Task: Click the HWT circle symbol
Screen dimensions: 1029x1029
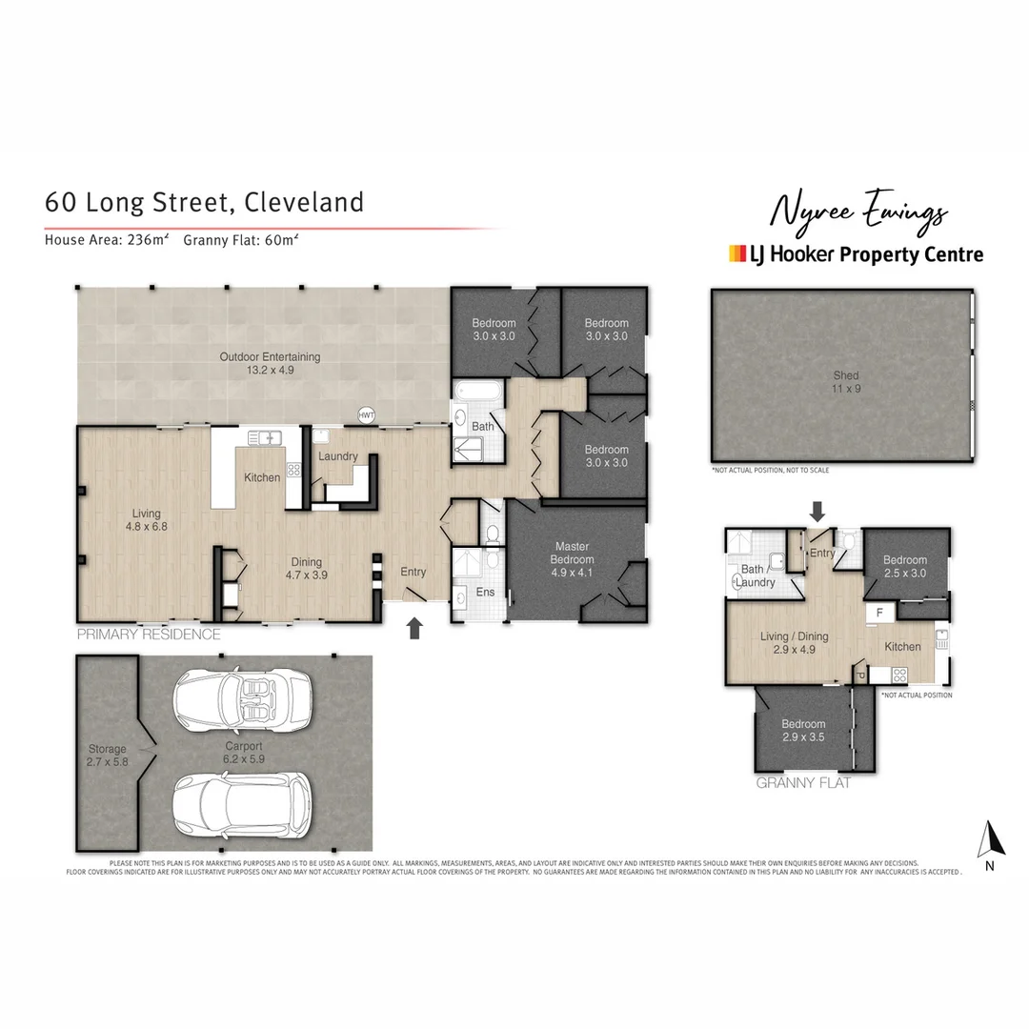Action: pyautogui.click(x=366, y=415)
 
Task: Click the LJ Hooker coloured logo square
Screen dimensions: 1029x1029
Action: pyautogui.click(x=736, y=253)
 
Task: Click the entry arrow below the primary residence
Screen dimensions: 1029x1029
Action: pyautogui.click(x=414, y=628)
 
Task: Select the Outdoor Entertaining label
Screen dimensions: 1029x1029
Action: pyautogui.click(x=270, y=363)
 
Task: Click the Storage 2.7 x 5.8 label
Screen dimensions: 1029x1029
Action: pyautogui.click(x=107, y=756)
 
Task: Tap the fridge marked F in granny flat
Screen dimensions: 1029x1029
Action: pyautogui.click(x=878, y=614)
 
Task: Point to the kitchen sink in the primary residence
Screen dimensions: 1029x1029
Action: pyautogui.click(x=266, y=438)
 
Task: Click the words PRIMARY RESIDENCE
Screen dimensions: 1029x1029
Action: pyautogui.click(x=149, y=635)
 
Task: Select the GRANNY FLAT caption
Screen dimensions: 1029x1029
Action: pyautogui.click(x=803, y=783)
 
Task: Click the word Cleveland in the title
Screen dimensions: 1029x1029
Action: pyautogui.click(x=304, y=203)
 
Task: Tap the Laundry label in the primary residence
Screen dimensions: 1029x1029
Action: pyautogui.click(x=338, y=456)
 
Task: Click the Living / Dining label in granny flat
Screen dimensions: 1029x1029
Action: pyautogui.click(x=794, y=643)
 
